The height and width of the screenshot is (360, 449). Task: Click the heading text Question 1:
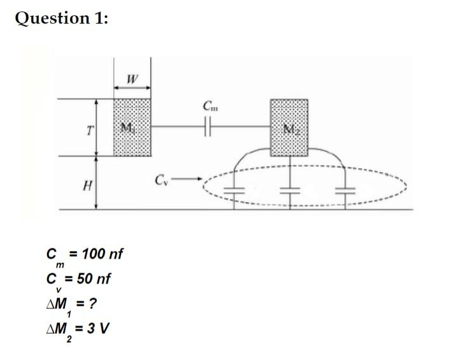click(x=62, y=18)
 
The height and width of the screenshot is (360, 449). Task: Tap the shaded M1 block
click(x=132, y=127)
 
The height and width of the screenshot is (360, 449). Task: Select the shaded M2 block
click(x=289, y=127)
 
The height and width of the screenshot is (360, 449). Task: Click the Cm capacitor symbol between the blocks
click(x=208, y=127)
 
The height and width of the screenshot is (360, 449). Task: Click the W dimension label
click(x=132, y=80)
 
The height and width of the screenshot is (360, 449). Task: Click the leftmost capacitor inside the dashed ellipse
click(x=235, y=190)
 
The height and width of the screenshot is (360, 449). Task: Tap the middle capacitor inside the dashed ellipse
click(x=290, y=190)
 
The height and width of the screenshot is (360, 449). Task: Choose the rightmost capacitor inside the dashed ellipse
click(x=345, y=190)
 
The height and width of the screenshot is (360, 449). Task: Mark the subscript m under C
click(x=60, y=264)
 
